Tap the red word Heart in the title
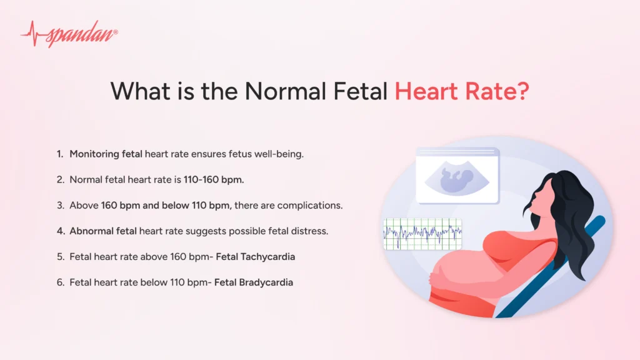(x=424, y=91)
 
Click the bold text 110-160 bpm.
(x=213, y=179)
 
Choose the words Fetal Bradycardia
(x=254, y=282)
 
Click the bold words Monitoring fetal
(x=106, y=154)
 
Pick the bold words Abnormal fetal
(x=103, y=231)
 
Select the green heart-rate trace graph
(x=422, y=234)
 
